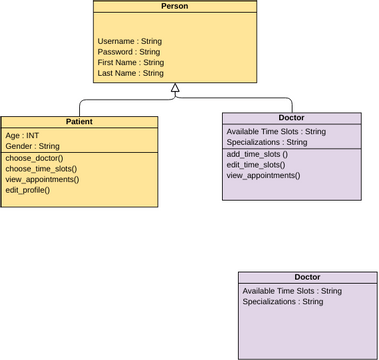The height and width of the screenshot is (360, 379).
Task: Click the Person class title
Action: coord(174,6)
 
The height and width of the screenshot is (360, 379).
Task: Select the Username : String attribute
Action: coord(130,41)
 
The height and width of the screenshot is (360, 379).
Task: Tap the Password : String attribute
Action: coord(129,52)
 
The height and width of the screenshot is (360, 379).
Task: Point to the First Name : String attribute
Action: coord(131,62)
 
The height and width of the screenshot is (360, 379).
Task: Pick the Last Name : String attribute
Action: coord(131,73)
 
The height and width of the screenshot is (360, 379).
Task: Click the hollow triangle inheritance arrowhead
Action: coord(175,89)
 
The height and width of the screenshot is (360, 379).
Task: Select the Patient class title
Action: coord(79,121)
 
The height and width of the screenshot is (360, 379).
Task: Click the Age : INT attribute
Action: coord(22,135)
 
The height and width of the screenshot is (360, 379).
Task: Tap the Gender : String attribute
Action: coord(33,146)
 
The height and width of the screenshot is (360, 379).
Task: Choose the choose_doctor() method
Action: coord(34,158)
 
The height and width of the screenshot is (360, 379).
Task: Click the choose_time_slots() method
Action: coord(41,169)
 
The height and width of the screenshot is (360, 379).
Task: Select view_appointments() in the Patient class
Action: coord(42,179)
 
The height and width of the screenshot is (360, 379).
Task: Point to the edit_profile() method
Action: coord(28,190)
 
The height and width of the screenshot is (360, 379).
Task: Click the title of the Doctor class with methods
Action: coord(291,117)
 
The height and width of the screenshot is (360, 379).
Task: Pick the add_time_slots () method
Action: coord(257,154)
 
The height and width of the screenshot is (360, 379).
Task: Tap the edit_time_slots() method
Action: coord(256,164)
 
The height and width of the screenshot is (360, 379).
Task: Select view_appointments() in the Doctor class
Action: coord(263,175)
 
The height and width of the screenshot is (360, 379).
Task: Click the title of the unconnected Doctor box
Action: coord(307,277)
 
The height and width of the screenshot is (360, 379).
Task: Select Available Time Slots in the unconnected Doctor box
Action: coord(292,291)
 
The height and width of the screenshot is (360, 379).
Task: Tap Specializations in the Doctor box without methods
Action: coord(283,301)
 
